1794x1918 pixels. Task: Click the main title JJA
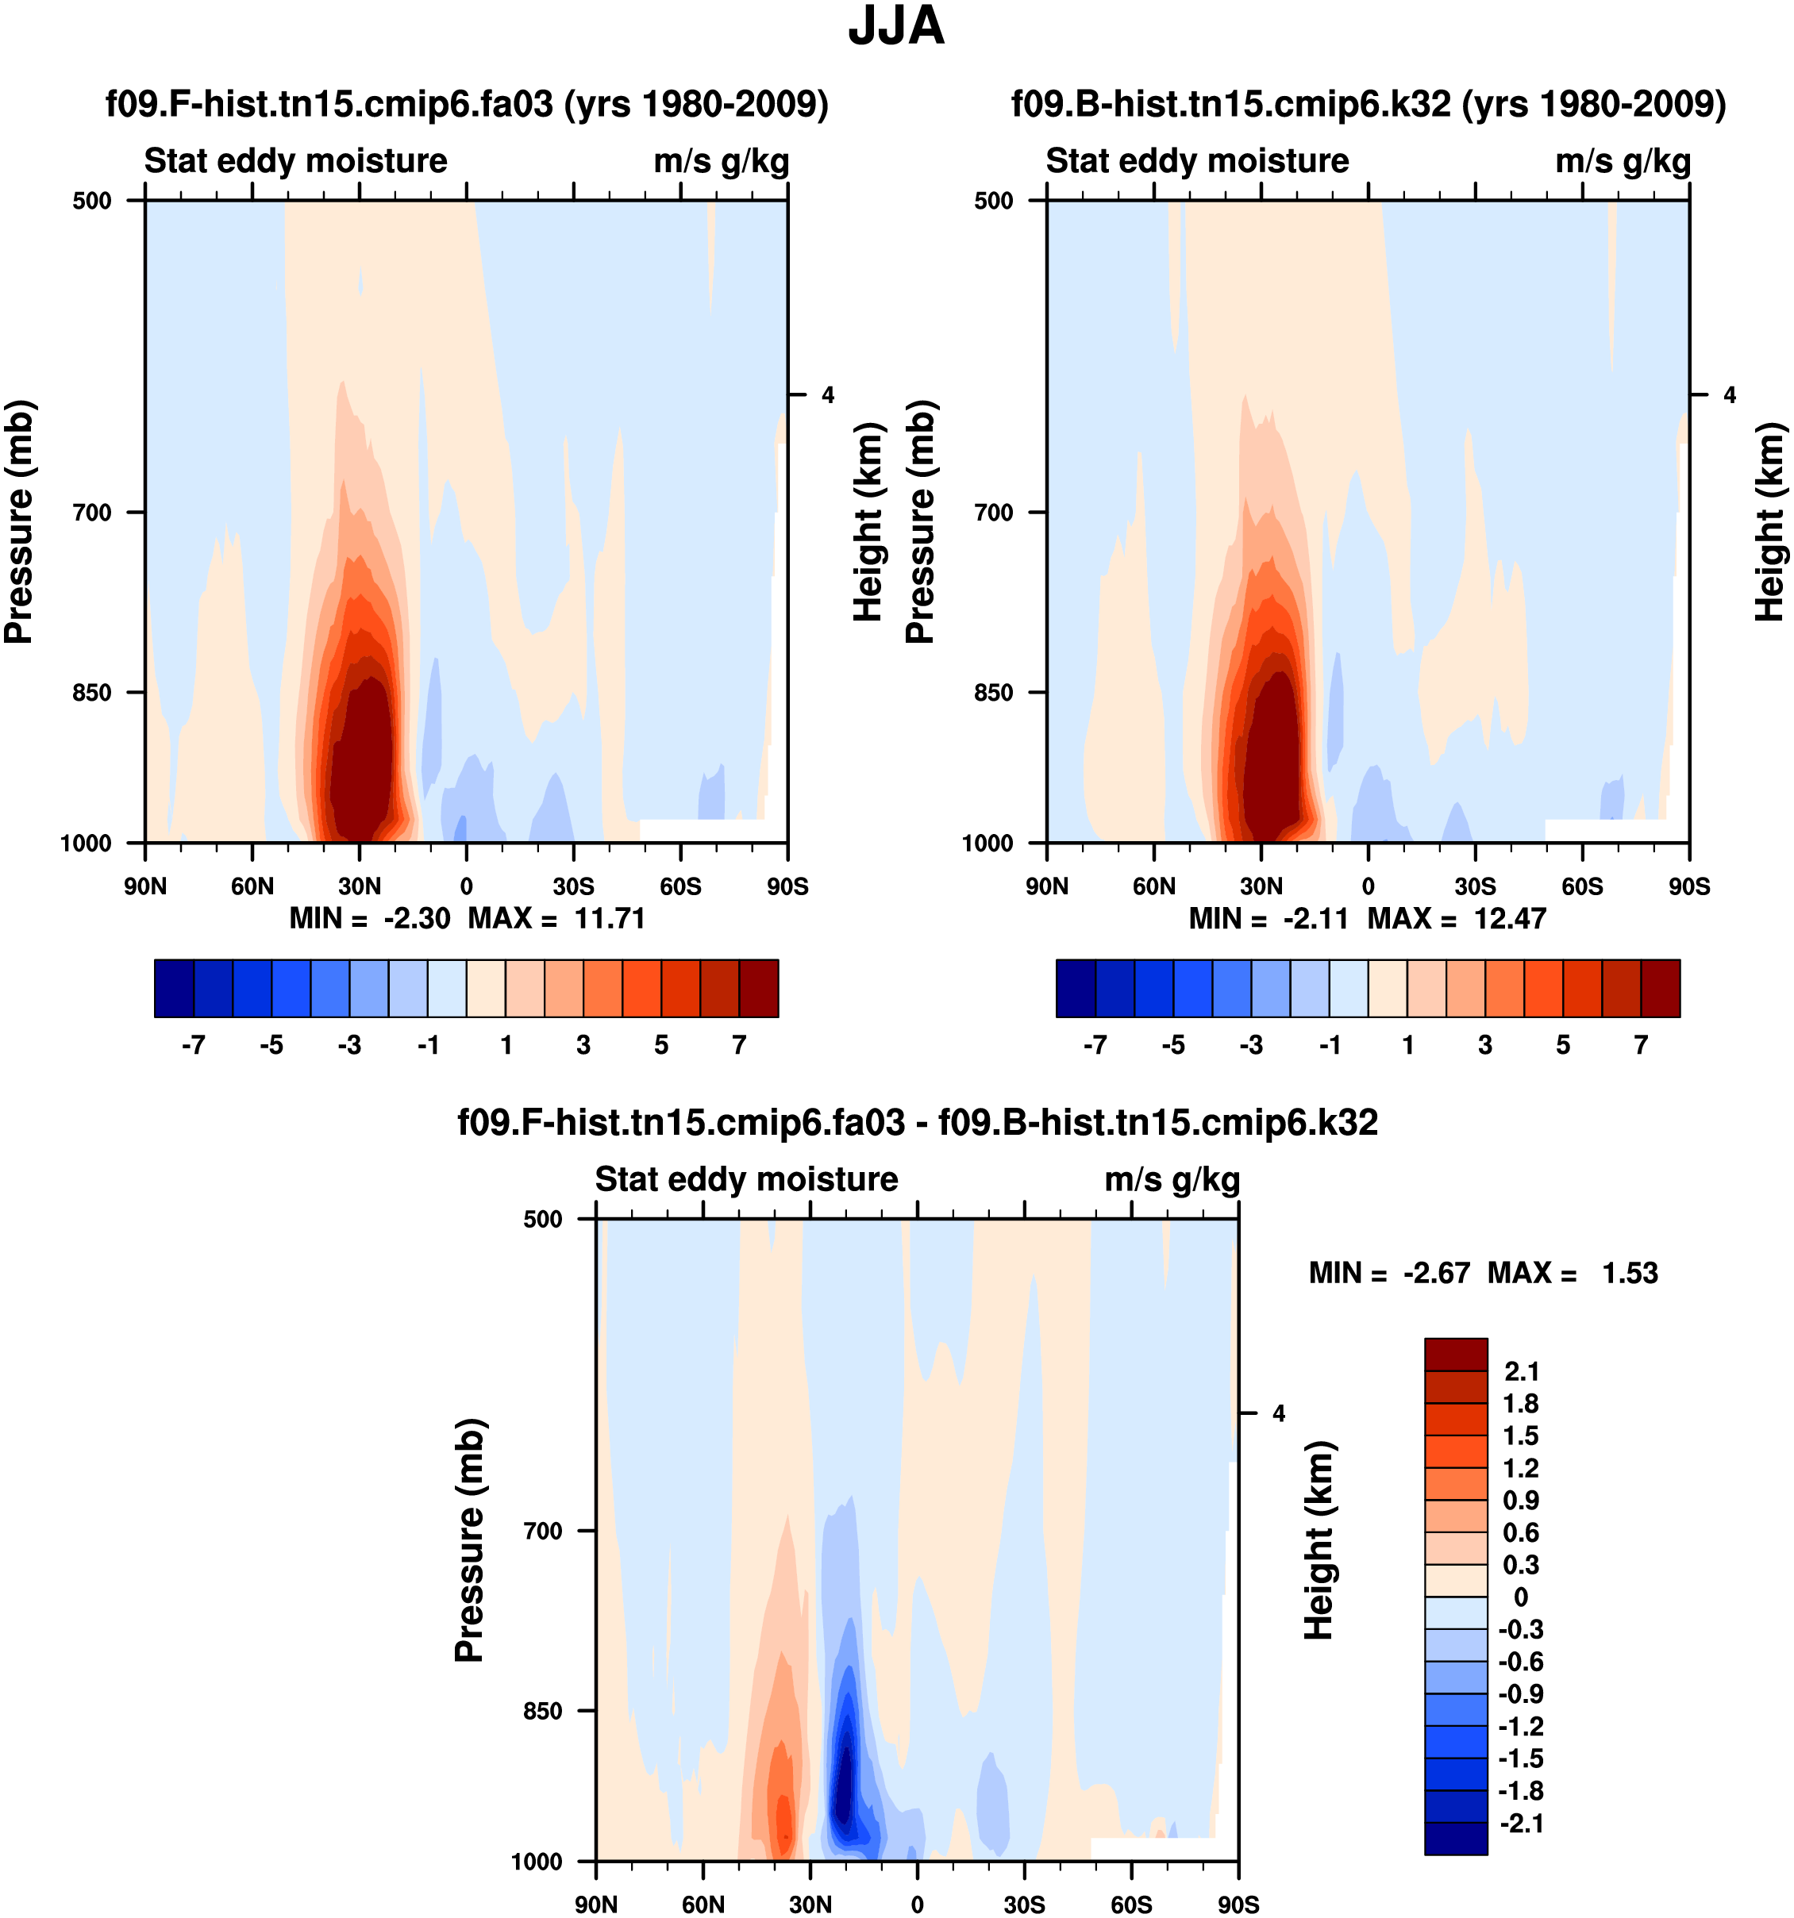895,27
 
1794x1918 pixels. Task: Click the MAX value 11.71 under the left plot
609,918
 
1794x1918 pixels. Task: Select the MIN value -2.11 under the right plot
1315,918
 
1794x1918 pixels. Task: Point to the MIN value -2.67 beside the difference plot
1437,1274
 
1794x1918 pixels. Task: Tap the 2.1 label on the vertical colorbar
1522,1372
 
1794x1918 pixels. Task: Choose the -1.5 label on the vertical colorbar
1520,1758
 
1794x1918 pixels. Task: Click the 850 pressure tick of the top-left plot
93,693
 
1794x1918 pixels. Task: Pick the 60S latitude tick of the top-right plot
1582,886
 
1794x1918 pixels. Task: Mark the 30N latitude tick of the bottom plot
810,1904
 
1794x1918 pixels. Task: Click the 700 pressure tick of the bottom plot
543,1530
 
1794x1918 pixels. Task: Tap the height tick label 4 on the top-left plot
827,395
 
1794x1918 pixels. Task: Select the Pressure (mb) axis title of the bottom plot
469,1539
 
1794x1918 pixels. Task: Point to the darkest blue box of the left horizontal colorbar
174,988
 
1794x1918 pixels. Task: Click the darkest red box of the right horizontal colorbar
1660,988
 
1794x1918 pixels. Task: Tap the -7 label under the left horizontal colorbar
193,1045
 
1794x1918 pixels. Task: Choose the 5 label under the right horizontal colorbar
1562,1045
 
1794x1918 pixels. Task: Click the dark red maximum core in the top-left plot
362,762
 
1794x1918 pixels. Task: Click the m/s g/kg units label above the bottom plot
1172,1179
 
